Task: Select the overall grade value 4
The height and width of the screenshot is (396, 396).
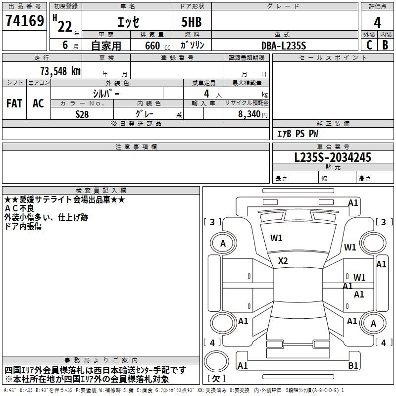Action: click(377, 23)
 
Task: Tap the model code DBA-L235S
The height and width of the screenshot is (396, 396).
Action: click(284, 46)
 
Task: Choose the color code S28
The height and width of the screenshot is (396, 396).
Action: click(82, 114)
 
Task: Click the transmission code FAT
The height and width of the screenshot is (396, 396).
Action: click(14, 103)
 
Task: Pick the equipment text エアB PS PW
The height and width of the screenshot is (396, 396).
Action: click(297, 134)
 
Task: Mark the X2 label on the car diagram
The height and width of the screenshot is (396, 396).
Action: click(283, 261)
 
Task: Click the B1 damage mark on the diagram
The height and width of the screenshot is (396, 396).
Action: click(353, 366)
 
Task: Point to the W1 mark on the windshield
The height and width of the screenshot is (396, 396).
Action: click(276, 238)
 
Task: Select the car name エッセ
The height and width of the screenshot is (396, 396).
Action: click(128, 23)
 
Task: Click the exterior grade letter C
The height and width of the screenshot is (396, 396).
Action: click(369, 46)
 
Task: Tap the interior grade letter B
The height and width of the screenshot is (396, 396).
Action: click(385, 46)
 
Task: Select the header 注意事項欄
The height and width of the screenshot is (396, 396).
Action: click(136, 147)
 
